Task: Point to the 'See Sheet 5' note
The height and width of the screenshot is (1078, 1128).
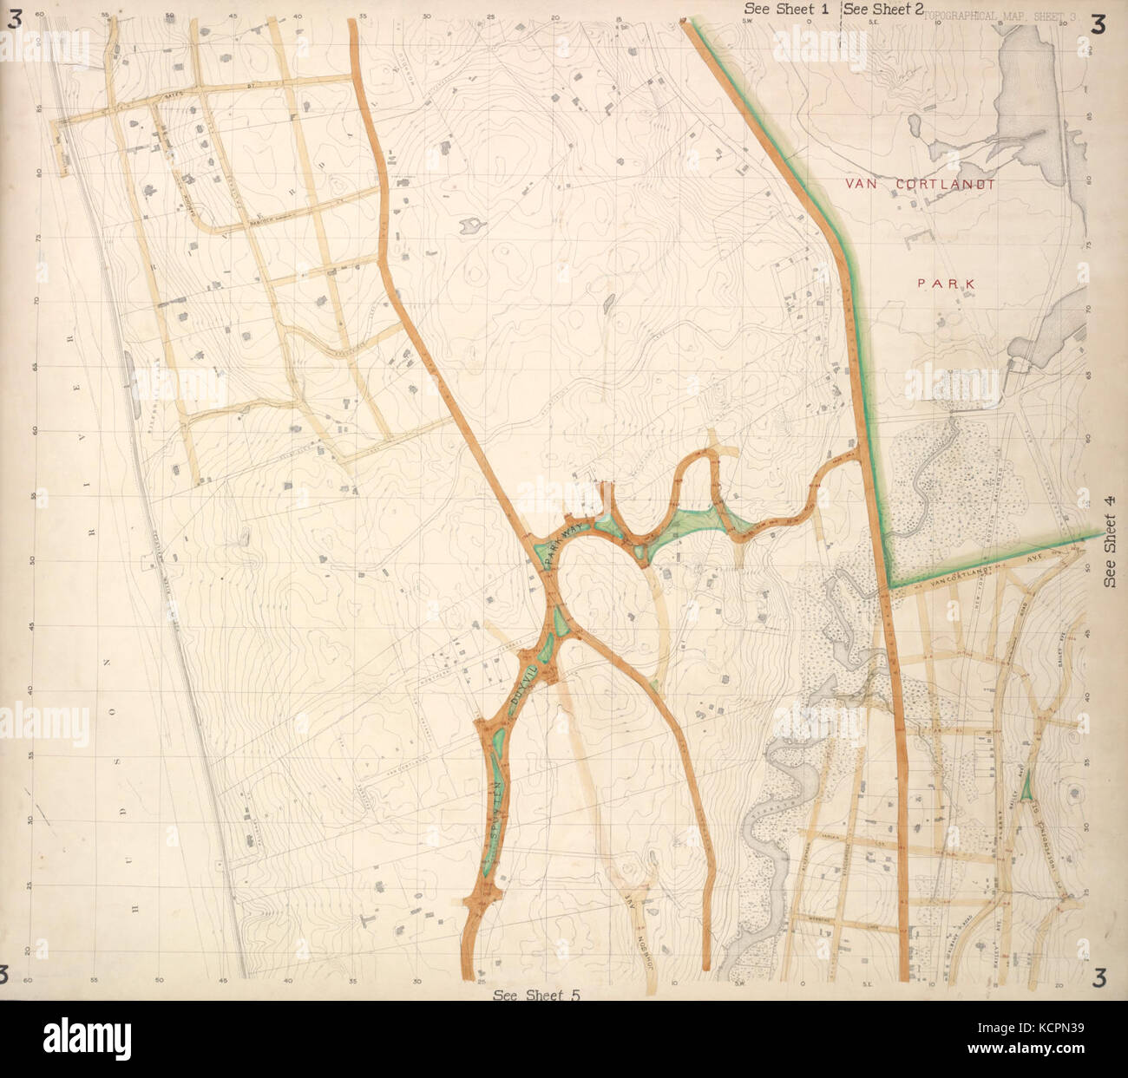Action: [x=535, y=995]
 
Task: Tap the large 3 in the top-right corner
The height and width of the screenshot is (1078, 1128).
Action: [x=1098, y=23]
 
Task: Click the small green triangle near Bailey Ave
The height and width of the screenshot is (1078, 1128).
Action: [x=1026, y=787]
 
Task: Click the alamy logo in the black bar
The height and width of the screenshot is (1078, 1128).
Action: [x=87, y=1037]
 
